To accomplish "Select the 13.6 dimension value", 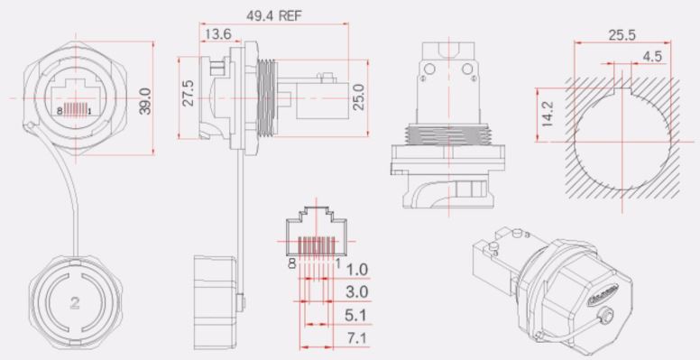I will [216, 35].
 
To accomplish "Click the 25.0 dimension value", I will [357, 96].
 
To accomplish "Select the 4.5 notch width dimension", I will [651, 57].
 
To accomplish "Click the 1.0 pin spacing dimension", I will [357, 269].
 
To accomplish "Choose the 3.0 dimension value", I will [357, 293].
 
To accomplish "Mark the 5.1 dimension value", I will [357, 318].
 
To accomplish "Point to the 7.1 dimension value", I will [357, 341].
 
